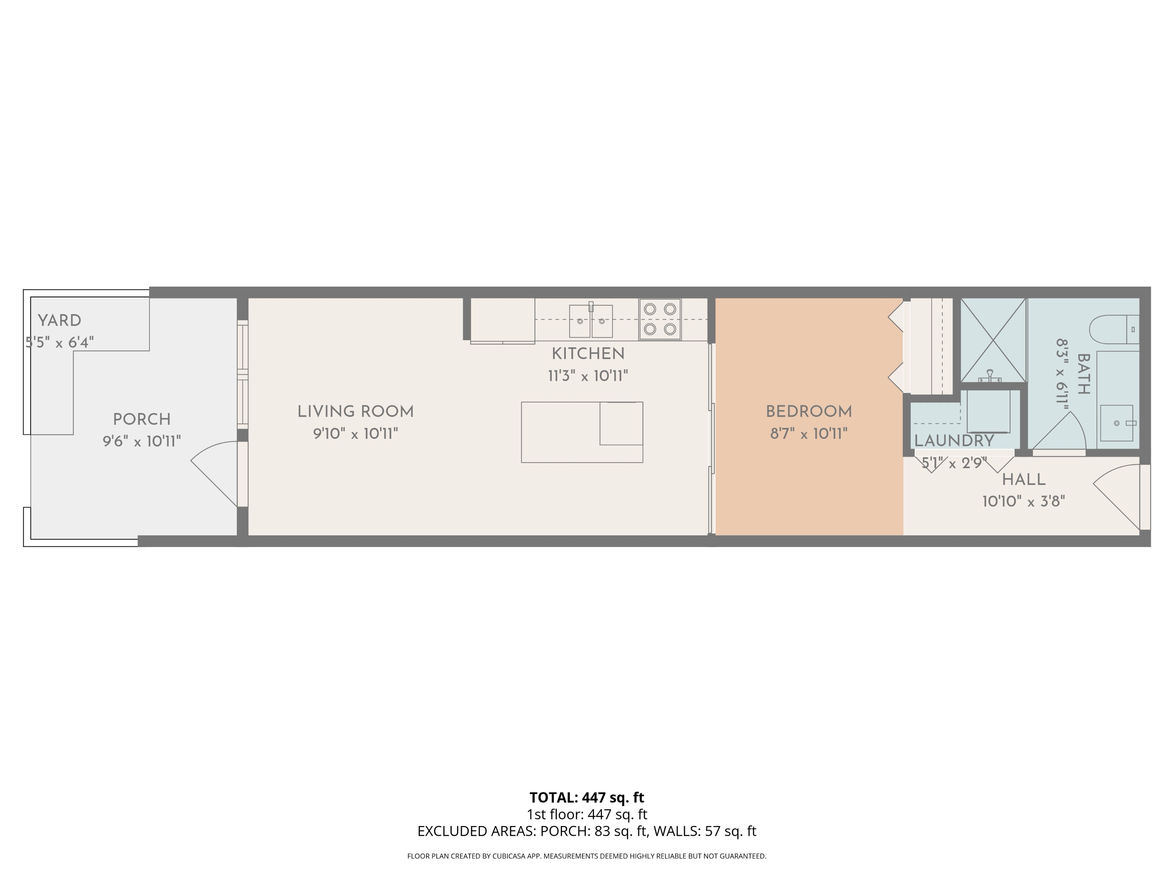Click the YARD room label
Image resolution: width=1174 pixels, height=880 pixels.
click(59, 320)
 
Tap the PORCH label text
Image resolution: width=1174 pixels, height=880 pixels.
click(142, 420)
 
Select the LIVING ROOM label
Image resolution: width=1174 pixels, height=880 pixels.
click(355, 411)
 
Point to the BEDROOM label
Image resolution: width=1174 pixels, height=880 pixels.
click(809, 411)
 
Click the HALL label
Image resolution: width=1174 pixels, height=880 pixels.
click(1024, 480)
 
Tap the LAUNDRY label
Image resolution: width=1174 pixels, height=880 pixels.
click(954, 441)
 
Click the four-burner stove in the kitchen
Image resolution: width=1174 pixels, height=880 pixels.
click(660, 319)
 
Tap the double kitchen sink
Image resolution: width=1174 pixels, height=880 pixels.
click(591, 321)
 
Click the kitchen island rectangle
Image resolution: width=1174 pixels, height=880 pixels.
click(582, 432)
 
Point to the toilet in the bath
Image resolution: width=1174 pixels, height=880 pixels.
click(1113, 329)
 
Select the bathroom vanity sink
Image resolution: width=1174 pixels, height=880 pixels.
click(1117, 423)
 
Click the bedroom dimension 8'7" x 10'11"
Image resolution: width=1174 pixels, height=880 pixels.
click(809, 434)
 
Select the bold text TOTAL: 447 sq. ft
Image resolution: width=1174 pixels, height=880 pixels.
click(587, 797)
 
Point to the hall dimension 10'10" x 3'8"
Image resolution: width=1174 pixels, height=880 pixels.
click(1024, 502)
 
